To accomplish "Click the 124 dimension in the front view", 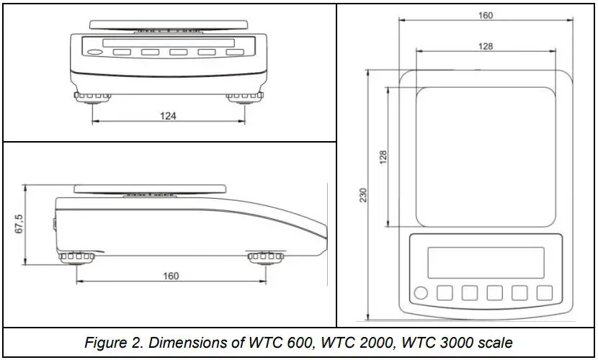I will [168, 115].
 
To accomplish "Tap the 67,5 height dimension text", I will [19, 222].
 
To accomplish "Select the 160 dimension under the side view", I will [171, 276].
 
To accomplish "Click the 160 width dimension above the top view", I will [486, 15].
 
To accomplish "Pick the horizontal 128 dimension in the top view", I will [486, 46].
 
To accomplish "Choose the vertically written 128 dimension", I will [383, 156].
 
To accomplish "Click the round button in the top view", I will [421, 293].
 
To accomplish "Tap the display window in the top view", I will [486, 262].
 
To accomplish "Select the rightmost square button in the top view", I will [545, 293].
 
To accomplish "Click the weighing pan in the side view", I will [151, 189].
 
